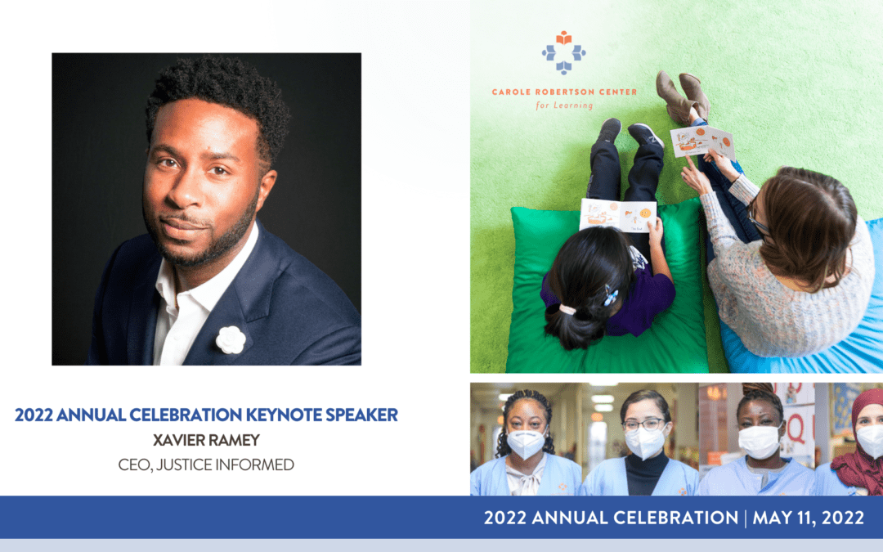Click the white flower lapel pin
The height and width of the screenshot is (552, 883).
231,339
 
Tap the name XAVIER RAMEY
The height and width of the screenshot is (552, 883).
206,440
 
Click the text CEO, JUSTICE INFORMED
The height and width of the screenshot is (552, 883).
206,464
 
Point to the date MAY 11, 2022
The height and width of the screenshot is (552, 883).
808,518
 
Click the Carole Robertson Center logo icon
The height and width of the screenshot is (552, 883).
563,52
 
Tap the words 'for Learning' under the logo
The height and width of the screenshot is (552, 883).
563,105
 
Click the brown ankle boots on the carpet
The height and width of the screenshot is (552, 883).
682,96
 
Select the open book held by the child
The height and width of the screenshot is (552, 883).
618,215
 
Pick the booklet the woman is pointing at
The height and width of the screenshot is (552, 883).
702,141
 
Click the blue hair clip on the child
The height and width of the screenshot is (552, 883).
610,296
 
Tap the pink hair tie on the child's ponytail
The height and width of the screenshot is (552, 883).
567,309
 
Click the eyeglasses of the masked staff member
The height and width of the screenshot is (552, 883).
644,424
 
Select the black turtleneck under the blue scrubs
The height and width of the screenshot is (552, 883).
647,473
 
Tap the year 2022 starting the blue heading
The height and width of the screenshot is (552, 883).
34,415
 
